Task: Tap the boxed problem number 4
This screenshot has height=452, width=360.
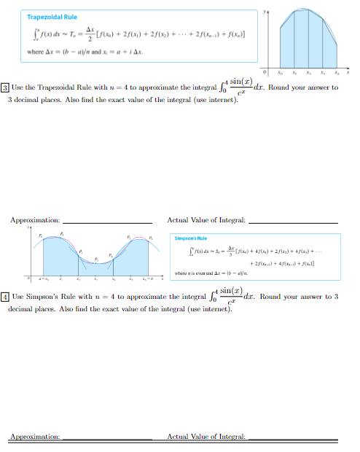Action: (x=6, y=297)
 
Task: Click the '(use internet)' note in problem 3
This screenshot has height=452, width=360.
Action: (x=216, y=99)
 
